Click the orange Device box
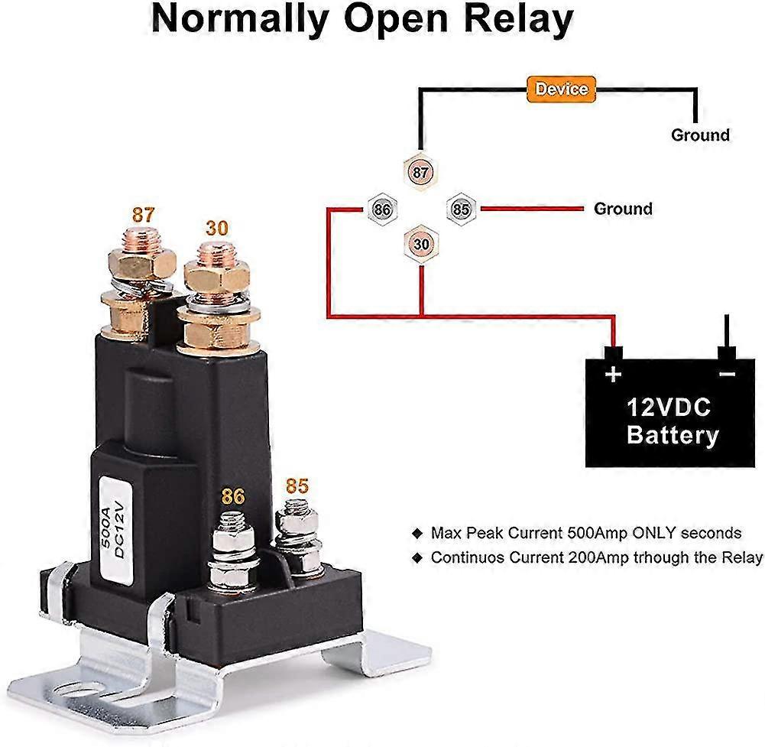(561, 89)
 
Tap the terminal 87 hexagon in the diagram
(420, 173)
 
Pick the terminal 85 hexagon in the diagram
(460, 208)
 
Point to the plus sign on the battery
(613, 375)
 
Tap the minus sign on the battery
(726, 374)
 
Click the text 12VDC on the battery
(669, 406)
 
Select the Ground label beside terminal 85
(623, 208)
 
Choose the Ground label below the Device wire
(700, 135)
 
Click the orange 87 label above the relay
(143, 215)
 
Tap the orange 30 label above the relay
(217, 228)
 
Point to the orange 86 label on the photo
(233, 497)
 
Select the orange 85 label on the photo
(297, 486)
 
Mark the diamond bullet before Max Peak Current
(417, 533)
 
